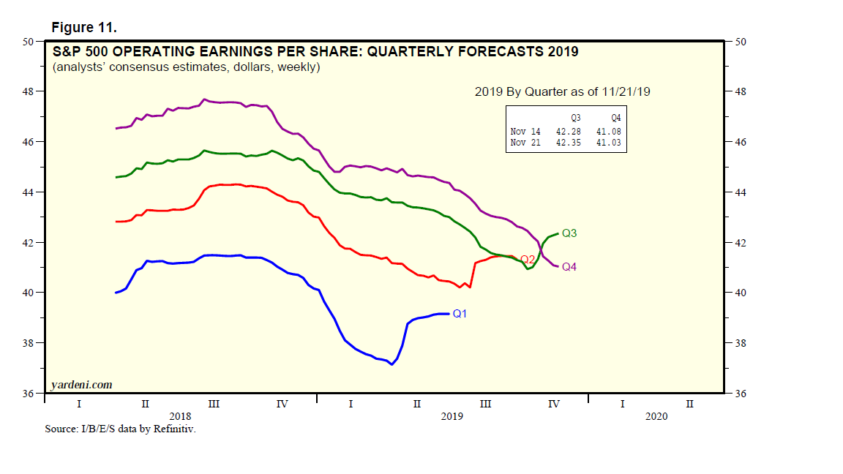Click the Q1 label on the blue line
click(460, 314)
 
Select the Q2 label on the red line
click(527, 260)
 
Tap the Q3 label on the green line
click(570, 233)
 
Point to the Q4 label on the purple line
click(569, 267)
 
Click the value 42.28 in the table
click(567, 132)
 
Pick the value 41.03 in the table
click(608, 143)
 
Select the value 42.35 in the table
click(567, 143)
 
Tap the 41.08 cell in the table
click(608, 132)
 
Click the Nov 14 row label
click(525, 132)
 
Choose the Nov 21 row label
click(525, 143)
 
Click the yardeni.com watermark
click(80, 385)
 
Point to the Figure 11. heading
click(84, 28)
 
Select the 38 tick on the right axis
click(739, 343)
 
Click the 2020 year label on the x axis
click(656, 415)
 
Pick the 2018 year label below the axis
click(180, 415)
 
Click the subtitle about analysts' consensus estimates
click(186, 67)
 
